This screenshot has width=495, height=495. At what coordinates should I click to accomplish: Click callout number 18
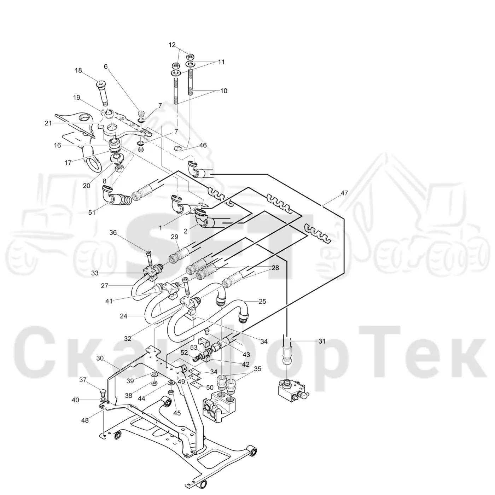78,70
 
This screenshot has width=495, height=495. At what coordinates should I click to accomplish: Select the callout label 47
344,193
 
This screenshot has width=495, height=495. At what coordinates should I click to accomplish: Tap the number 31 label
322,341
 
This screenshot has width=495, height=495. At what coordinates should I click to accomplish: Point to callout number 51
92,212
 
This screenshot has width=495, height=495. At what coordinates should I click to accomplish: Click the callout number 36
113,232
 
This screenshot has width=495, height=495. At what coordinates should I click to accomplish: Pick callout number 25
262,301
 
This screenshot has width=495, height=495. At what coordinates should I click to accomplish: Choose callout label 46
203,145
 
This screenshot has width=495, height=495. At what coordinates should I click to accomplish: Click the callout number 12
172,45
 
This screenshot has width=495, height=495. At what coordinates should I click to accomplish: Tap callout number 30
100,358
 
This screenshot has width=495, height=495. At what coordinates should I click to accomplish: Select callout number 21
48,123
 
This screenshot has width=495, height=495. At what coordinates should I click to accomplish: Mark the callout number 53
193,348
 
